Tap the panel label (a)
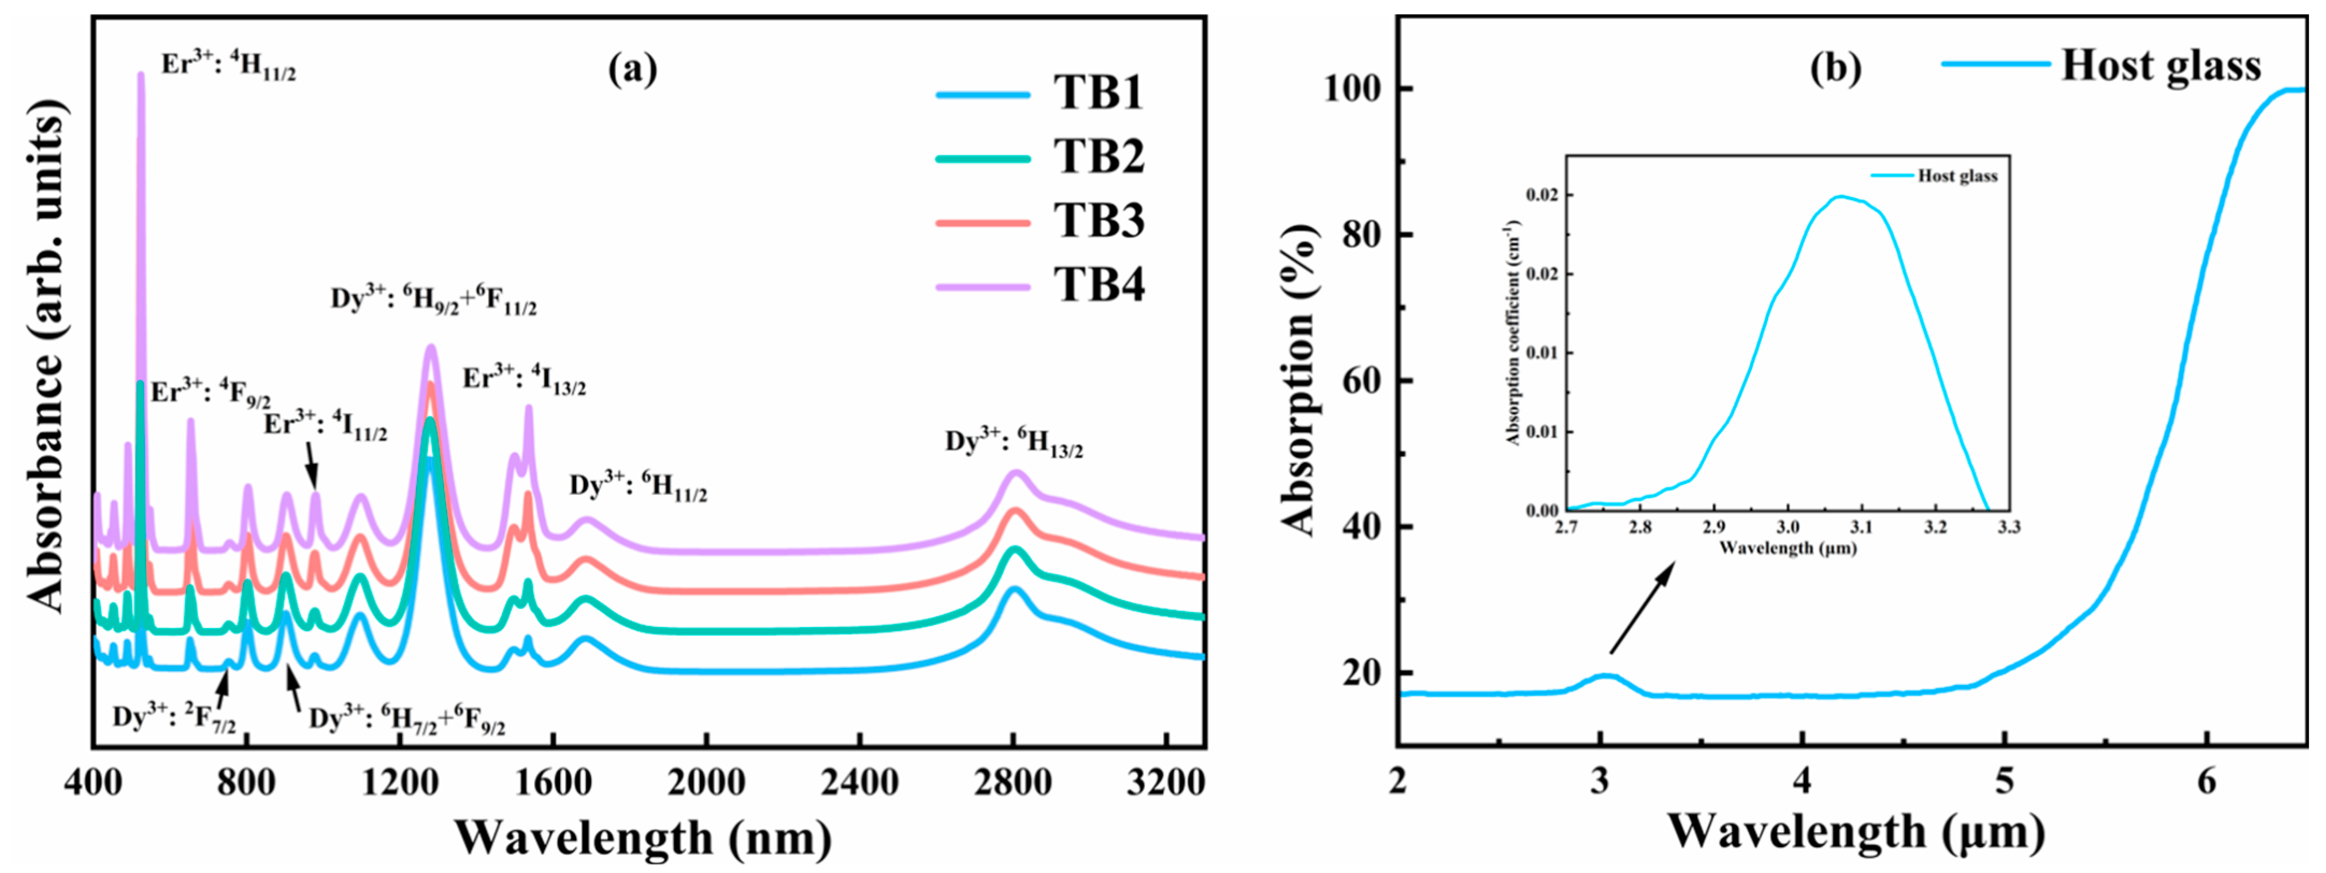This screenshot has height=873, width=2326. tap(632, 69)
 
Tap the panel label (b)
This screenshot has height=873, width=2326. tap(1835, 69)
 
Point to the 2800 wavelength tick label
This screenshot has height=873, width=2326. tap(1012, 782)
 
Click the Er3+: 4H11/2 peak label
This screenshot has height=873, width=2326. tap(228, 65)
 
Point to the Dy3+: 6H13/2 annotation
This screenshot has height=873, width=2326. tap(1014, 442)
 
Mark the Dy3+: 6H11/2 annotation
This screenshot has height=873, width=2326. tap(637, 487)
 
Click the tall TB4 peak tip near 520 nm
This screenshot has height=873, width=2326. tap(140, 76)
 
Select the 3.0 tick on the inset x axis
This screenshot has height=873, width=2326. tap(1787, 527)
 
